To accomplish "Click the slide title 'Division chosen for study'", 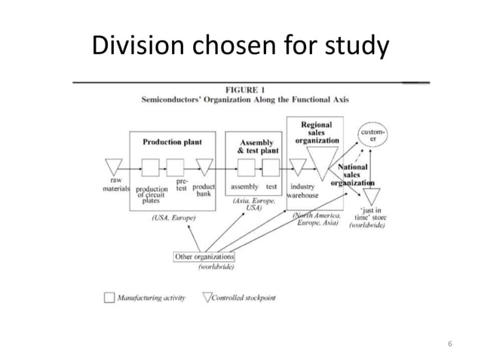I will click(240, 47).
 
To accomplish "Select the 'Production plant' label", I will click(172, 141).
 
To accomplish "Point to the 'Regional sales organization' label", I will click(315, 132).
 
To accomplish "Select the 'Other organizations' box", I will click(204, 256).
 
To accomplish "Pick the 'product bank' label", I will click(204, 190).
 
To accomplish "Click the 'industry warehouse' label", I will click(302, 191).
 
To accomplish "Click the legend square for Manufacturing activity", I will click(109, 297).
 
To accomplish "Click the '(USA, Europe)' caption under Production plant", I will click(173, 218).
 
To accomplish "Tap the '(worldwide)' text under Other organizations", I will click(216, 267).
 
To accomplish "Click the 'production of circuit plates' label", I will click(152, 195).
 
